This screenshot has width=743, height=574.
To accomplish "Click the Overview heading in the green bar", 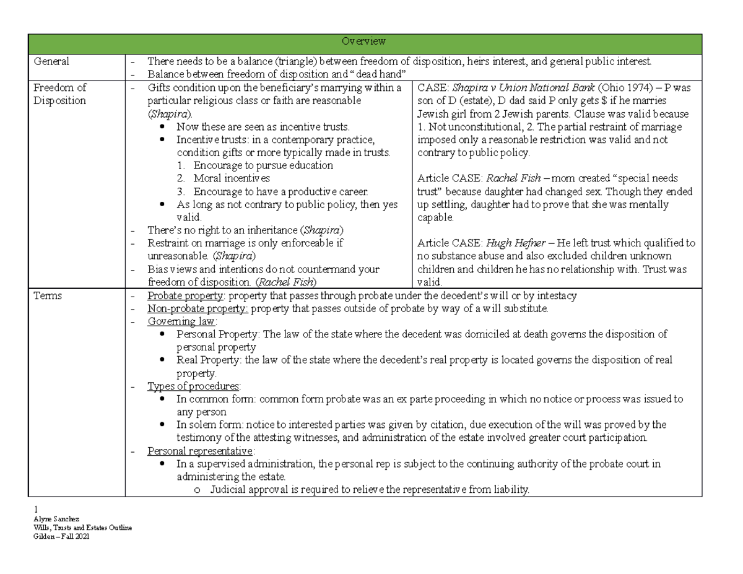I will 364,41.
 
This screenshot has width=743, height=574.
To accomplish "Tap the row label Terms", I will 48,296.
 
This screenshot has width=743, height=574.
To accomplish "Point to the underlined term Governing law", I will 181,321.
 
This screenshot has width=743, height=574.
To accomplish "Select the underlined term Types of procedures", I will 189,387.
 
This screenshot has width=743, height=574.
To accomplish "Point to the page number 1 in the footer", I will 36,510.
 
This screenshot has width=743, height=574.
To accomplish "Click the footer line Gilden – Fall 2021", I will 61,536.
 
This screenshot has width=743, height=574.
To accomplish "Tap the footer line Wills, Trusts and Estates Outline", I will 83,528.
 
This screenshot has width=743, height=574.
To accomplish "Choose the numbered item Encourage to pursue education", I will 263,165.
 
